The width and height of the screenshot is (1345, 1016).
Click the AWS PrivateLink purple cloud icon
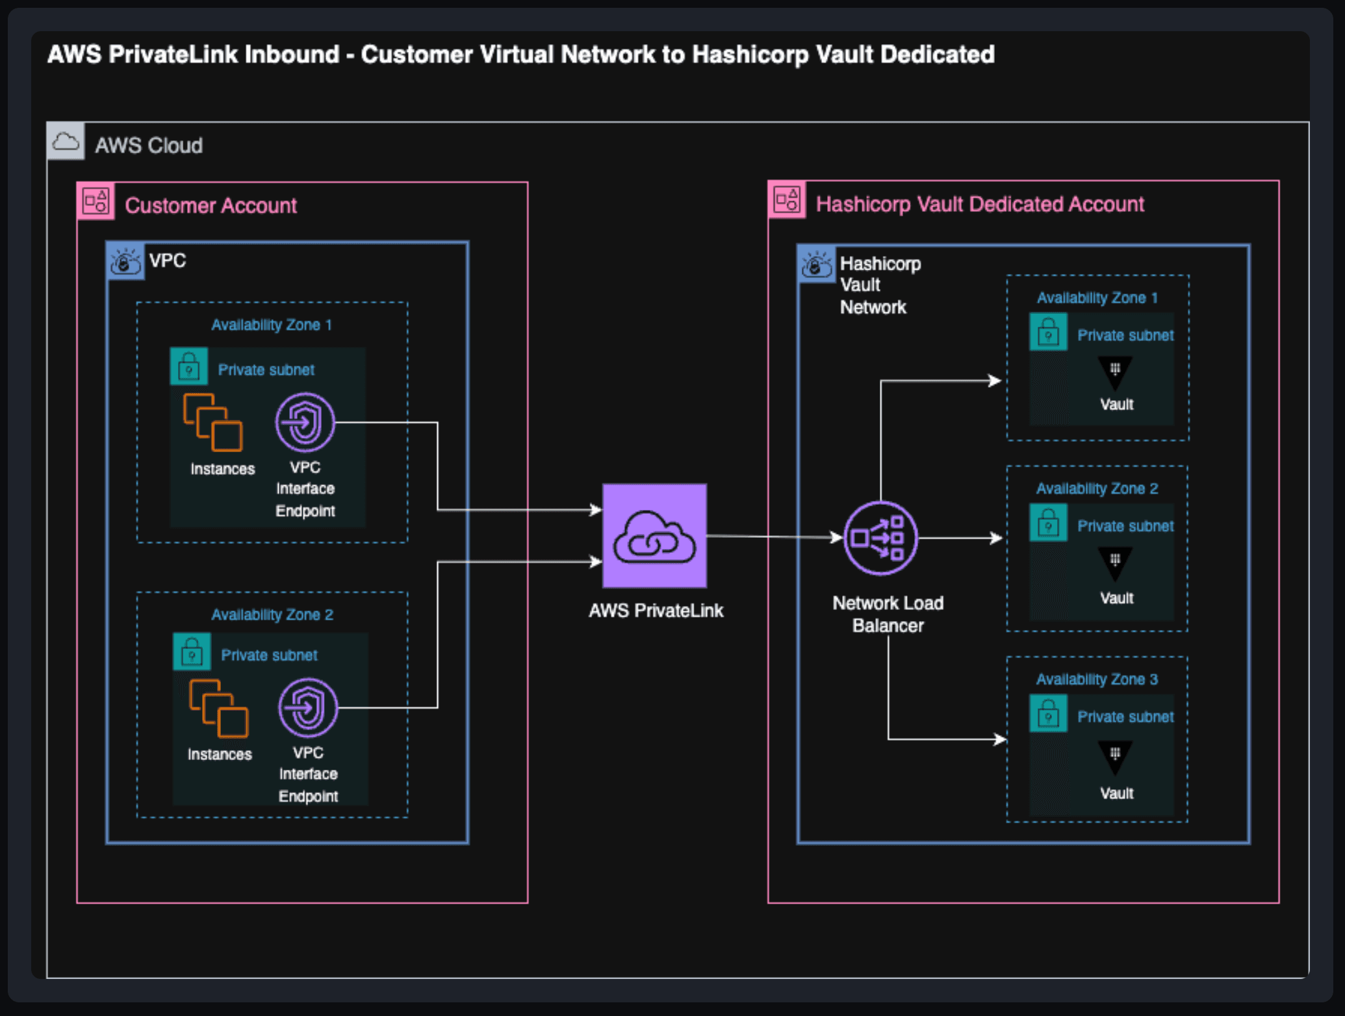[654, 535]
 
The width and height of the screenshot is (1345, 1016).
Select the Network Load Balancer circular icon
[880, 538]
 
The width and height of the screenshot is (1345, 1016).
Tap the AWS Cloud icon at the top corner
[66, 142]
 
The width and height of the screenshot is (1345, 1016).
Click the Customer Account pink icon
[96, 201]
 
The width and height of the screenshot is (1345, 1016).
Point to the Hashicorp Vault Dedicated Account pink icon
[787, 199]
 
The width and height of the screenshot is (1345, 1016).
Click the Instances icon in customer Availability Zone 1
[213, 422]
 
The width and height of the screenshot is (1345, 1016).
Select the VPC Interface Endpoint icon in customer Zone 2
[308, 707]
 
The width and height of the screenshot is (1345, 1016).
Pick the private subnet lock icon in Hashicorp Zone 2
[1048, 523]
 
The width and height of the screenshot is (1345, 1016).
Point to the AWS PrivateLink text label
[656, 611]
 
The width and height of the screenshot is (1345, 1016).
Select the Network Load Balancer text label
[888, 614]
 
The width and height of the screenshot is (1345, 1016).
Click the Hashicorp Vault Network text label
[880, 285]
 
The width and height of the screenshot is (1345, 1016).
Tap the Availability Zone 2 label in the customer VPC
[272, 615]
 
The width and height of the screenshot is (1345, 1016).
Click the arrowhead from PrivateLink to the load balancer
[837, 537]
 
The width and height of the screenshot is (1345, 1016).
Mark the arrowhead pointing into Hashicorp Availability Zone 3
[1001, 739]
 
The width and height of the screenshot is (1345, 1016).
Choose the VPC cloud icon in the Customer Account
[125, 261]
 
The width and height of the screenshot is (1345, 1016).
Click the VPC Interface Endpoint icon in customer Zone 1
[305, 422]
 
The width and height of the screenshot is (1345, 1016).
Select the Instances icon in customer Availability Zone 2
[218, 709]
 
